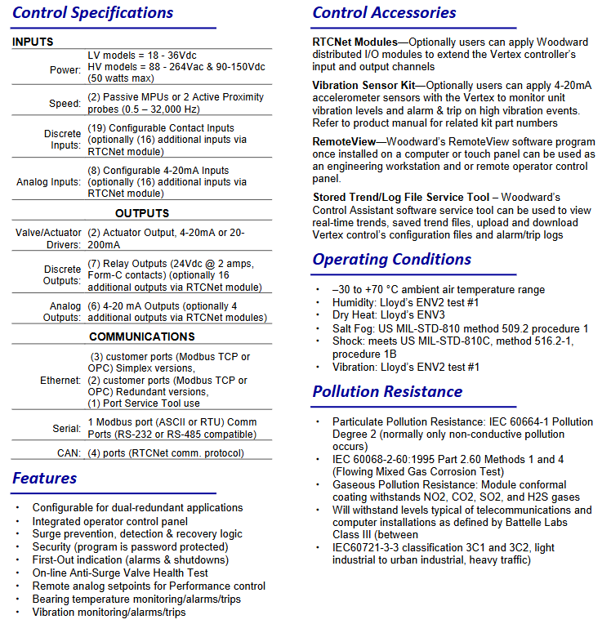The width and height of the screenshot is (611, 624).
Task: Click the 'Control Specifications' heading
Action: coord(93,13)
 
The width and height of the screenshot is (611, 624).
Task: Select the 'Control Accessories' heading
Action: coord(384,13)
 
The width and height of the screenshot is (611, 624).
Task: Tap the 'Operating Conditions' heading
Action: coord(391,260)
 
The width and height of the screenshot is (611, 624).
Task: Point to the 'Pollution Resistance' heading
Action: coord(387,392)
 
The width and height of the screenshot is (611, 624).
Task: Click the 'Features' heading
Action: coord(45,479)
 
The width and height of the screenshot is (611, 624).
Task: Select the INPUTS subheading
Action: coord(33,42)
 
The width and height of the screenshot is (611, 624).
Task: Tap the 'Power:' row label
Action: coord(65,70)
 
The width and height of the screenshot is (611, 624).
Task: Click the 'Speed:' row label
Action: coord(65,103)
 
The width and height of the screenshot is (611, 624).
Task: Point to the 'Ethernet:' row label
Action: coord(60,381)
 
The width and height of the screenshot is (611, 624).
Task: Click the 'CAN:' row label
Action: coord(69,452)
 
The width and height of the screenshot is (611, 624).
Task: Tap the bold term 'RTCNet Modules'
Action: coord(355,42)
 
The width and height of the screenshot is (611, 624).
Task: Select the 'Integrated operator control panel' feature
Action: coord(109,521)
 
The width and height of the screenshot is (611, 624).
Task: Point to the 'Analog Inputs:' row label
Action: coord(49,181)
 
